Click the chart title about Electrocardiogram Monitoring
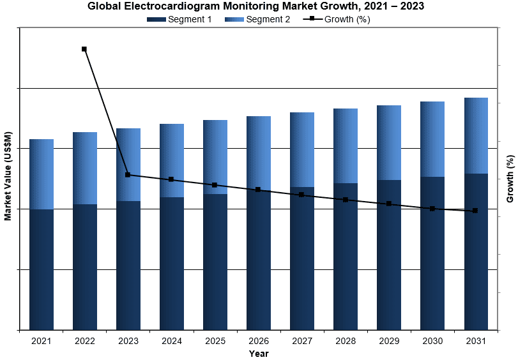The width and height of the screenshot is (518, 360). click(259, 6)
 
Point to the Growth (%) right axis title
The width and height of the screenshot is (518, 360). click(510, 179)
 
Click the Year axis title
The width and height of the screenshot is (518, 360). click(259, 354)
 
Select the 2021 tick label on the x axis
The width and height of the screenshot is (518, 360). click(42, 341)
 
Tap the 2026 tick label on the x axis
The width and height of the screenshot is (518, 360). click(259, 341)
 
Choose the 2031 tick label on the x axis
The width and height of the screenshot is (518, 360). click(476, 341)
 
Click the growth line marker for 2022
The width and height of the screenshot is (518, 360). click(84, 49)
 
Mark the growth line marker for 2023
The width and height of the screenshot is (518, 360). click(128, 175)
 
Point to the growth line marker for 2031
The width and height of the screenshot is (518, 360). click(475, 211)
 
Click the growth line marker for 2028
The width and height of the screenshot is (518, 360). click(346, 200)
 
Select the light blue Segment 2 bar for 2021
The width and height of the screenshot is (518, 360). click(42, 174)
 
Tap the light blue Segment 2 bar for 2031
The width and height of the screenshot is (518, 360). click(476, 135)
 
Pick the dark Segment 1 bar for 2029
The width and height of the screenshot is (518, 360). click(389, 255)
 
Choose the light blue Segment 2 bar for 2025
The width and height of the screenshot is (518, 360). click(215, 157)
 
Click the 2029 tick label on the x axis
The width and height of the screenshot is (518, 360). click(389, 341)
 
